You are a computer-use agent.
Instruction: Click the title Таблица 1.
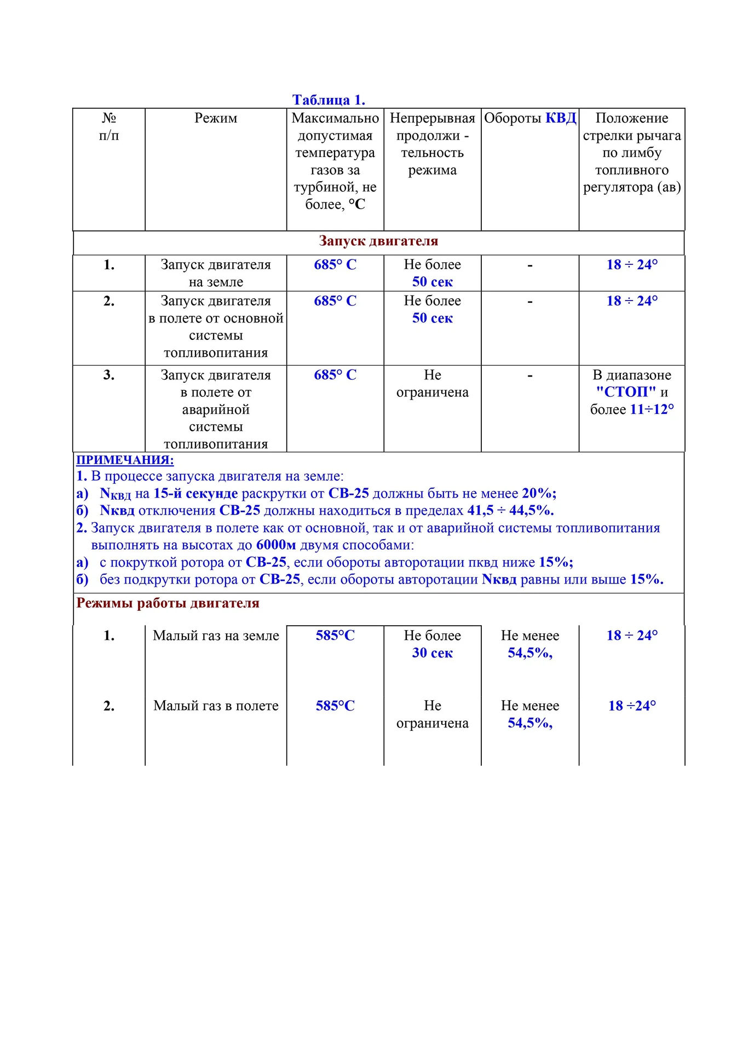click(x=329, y=100)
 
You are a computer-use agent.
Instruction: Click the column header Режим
click(x=216, y=118)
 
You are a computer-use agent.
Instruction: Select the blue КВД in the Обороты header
click(x=561, y=118)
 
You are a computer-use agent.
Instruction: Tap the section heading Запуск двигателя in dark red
click(x=378, y=241)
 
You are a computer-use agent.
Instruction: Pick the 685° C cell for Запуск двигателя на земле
click(x=335, y=265)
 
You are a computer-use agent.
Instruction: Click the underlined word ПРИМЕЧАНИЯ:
click(x=125, y=460)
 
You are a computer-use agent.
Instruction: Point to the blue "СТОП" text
click(x=626, y=392)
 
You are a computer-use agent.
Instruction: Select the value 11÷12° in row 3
click(x=652, y=409)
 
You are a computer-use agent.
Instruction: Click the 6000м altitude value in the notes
click(x=276, y=545)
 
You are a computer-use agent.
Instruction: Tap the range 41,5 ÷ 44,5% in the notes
click(x=510, y=511)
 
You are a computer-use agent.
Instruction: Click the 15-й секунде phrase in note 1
click(x=195, y=494)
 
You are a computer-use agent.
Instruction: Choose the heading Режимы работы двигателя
click(x=168, y=603)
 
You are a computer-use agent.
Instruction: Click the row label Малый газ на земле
click(x=216, y=636)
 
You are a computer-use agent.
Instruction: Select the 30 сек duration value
click(x=433, y=653)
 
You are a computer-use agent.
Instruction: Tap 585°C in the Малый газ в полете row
click(x=335, y=706)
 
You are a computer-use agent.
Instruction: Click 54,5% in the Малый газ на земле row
click(x=529, y=653)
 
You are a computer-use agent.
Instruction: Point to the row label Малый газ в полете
click(x=216, y=706)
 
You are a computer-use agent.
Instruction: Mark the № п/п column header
click(x=109, y=127)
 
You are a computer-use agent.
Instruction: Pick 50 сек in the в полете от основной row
click(x=433, y=319)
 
